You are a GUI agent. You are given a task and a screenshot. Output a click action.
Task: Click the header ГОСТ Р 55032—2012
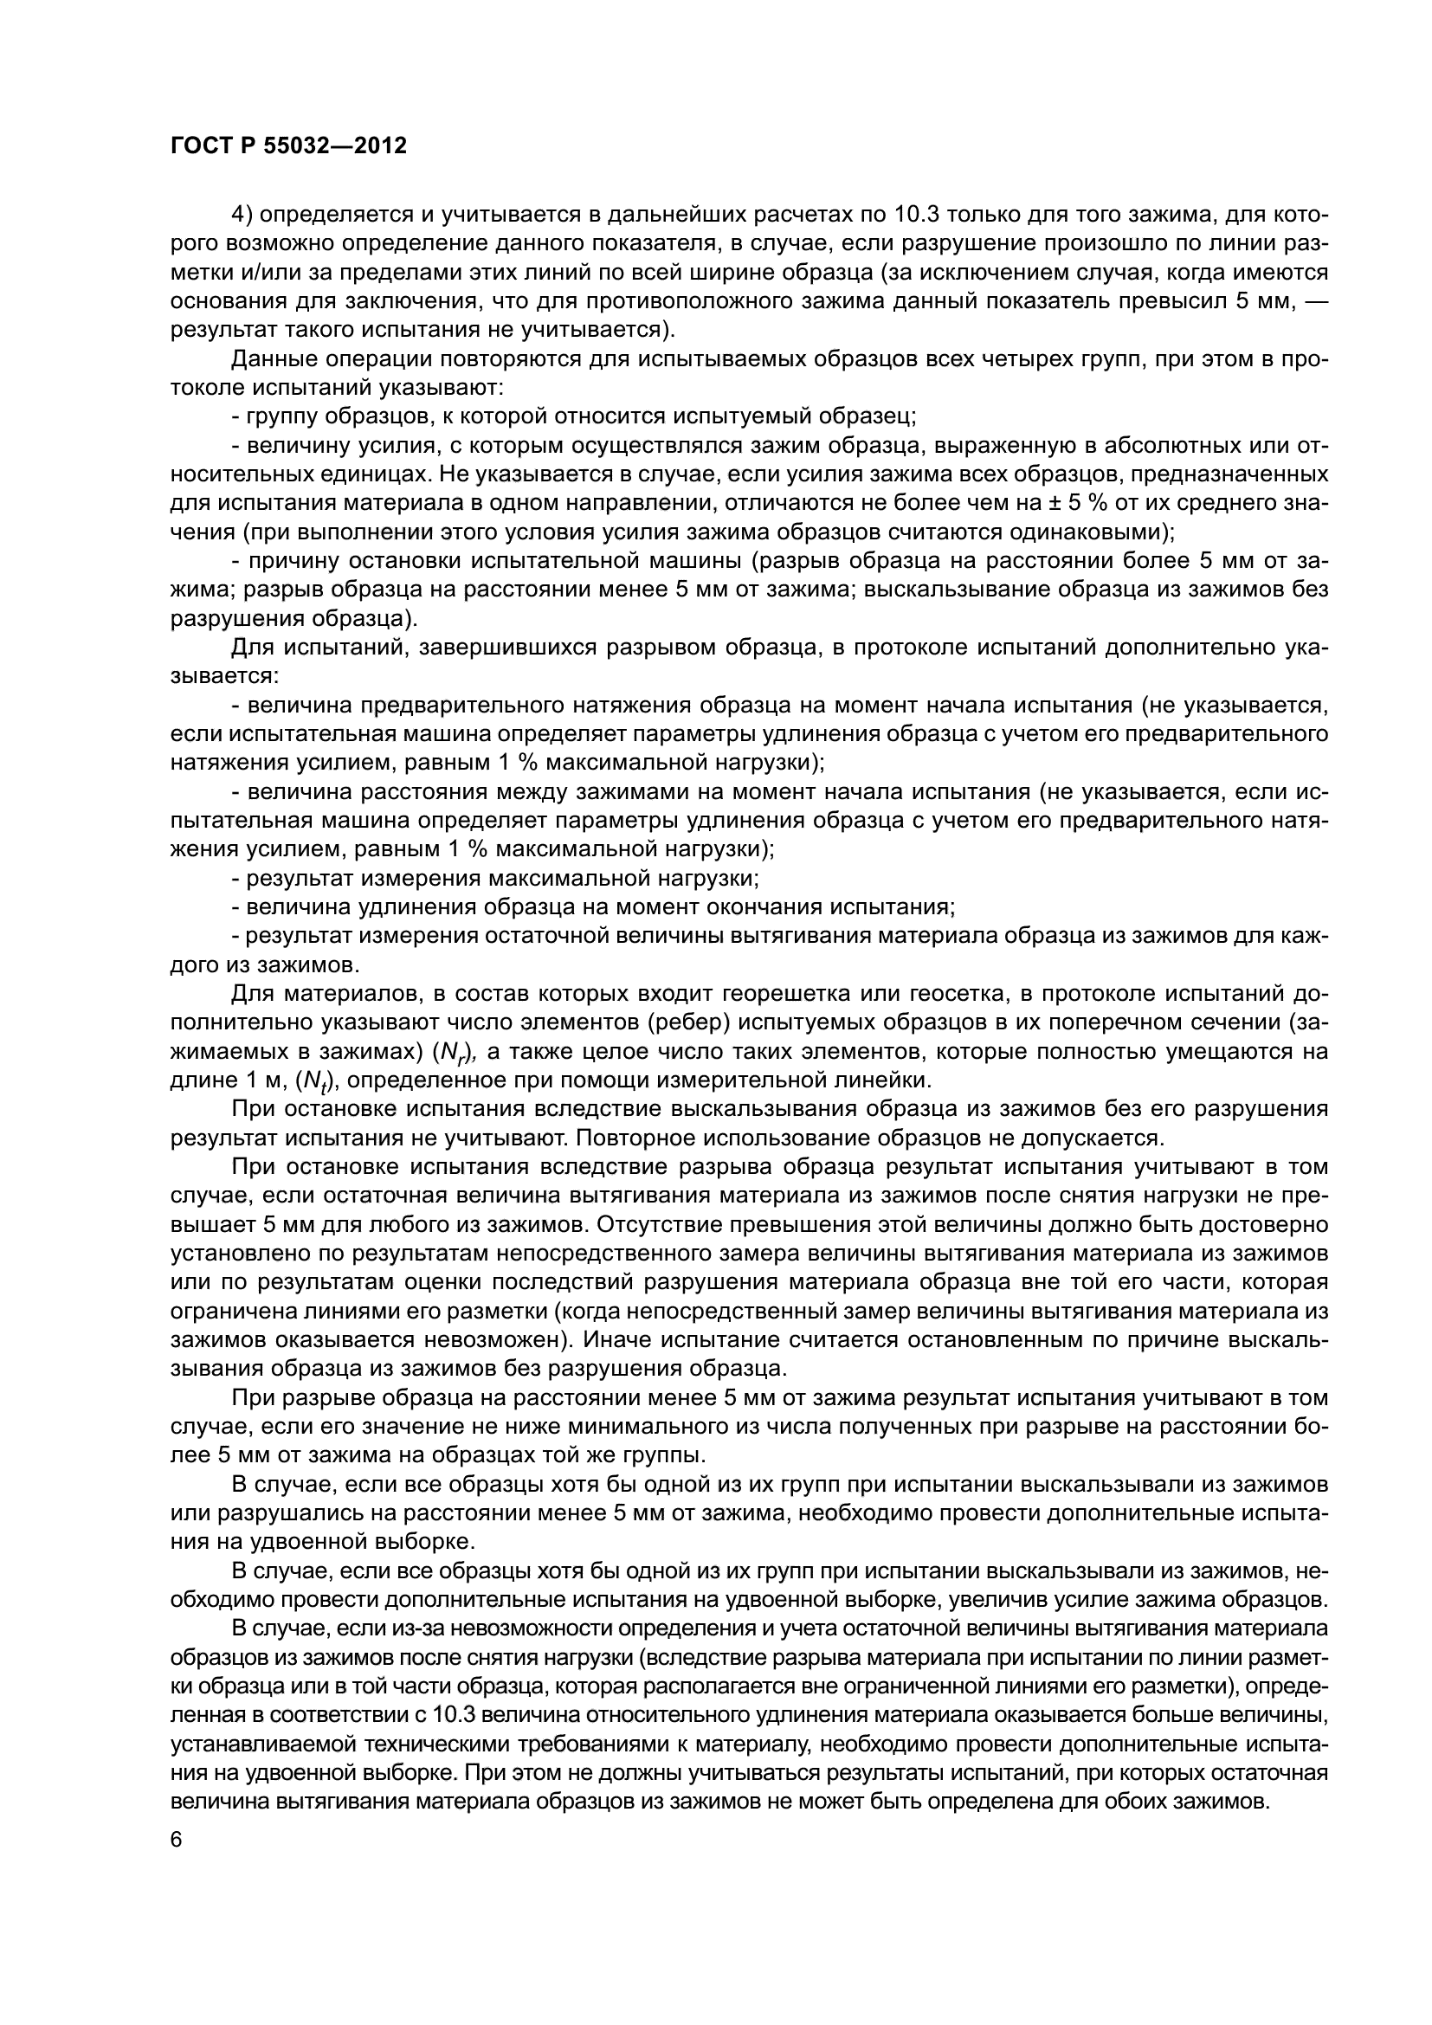click(288, 146)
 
